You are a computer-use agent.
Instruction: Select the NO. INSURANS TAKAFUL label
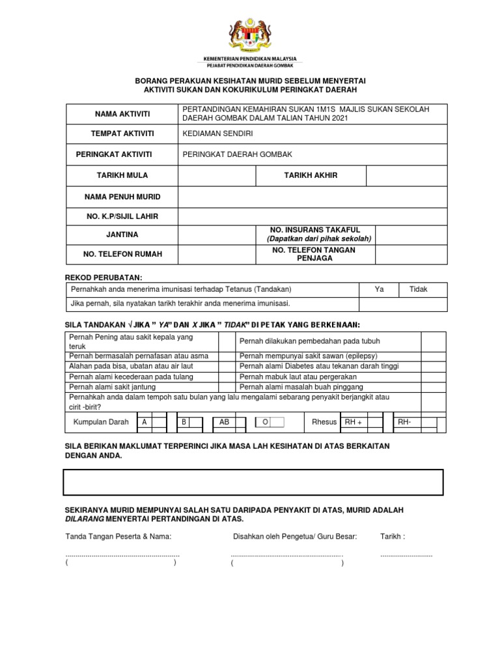click(313, 230)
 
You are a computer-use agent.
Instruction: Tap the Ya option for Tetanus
click(380, 289)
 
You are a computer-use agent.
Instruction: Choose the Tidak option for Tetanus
click(418, 289)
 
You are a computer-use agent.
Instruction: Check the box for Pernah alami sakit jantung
click(227, 387)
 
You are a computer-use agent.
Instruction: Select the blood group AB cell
click(225, 422)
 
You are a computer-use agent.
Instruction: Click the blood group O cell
click(265, 422)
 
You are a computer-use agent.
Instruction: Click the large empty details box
click(253, 482)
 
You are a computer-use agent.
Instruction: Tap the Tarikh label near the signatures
click(393, 537)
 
